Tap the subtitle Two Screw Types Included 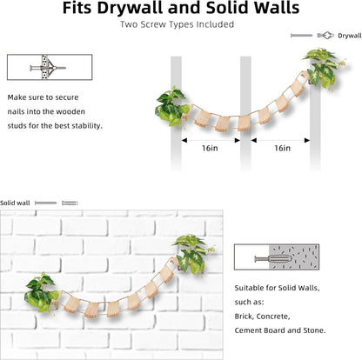pos(177,24)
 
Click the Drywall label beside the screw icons pos(350,36)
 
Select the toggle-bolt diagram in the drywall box pos(48,68)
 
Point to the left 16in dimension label pos(210,148)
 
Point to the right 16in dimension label pos(283,148)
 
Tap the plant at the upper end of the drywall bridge pos(324,69)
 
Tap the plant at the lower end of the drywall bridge pos(171,107)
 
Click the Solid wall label pos(15,203)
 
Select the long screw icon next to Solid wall pos(46,203)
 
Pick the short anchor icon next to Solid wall pos(70,203)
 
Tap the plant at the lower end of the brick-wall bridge pos(42,292)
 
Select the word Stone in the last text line pos(314,330)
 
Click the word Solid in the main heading pos(226,8)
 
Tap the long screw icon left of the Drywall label pos(302,36)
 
